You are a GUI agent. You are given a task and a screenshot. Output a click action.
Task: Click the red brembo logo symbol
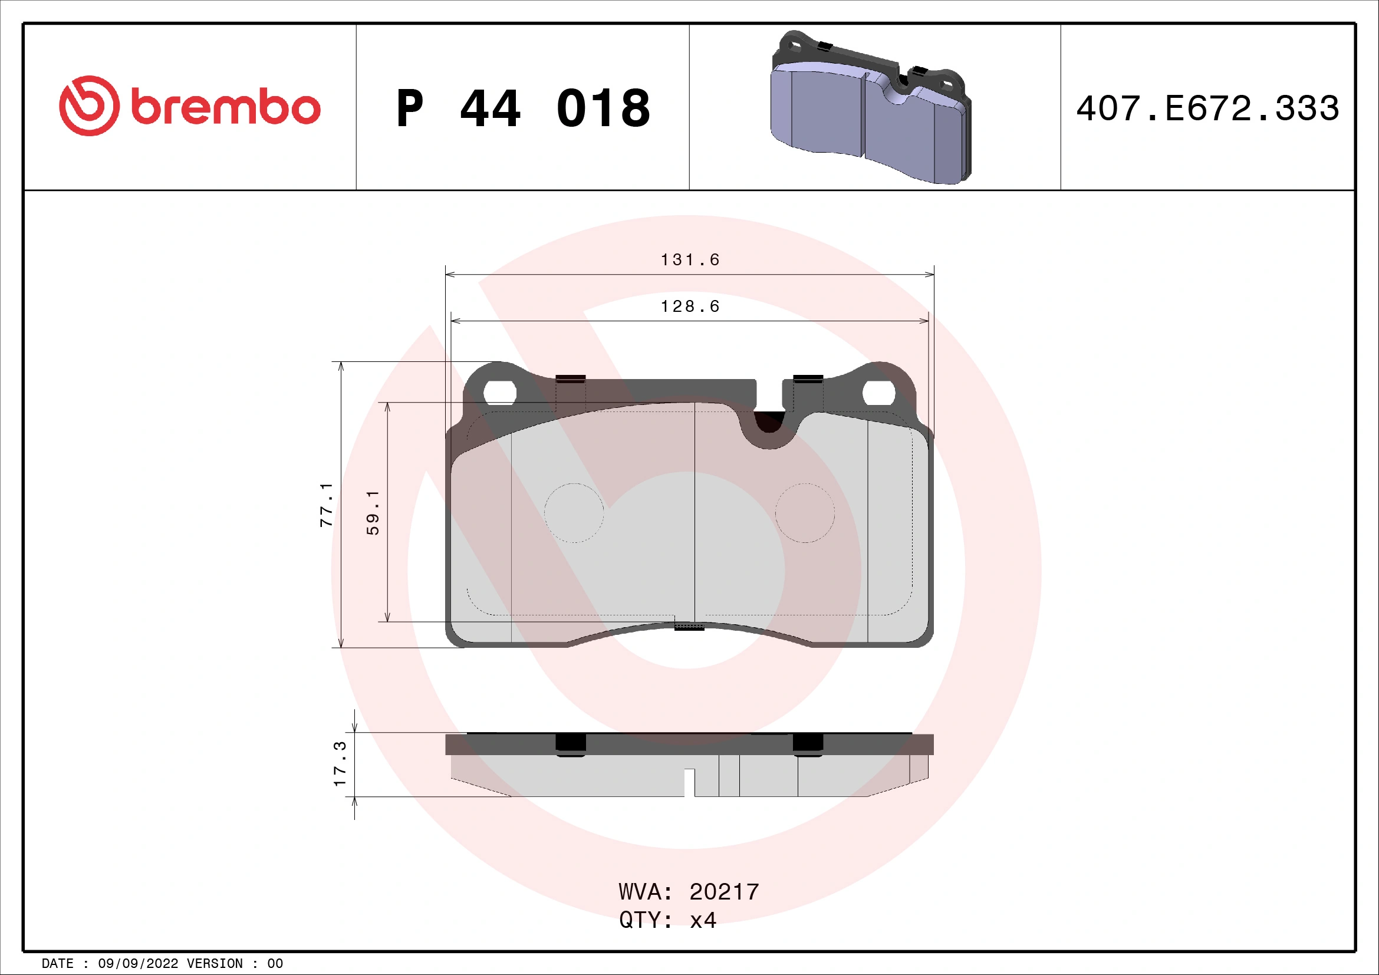(x=89, y=106)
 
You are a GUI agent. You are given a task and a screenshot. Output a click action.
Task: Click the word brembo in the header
(x=225, y=108)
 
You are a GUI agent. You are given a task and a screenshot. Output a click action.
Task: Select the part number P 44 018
(x=522, y=108)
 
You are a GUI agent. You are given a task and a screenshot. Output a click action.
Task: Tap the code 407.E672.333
(x=1207, y=108)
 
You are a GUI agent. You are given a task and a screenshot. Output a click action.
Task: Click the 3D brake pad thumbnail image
(x=870, y=108)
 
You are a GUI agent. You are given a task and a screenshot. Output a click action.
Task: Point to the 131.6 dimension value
(x=690, y=260)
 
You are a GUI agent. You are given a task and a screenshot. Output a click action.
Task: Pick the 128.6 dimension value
(x=690, y=307)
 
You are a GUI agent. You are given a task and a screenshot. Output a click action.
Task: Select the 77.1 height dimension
(x=326, y=505)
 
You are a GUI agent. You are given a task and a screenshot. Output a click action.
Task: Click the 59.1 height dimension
(x=373, y=512)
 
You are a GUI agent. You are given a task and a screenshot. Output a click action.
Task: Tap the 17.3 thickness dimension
(x=340, y=763)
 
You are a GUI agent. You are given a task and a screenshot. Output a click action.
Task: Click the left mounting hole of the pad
(x=500, y=393)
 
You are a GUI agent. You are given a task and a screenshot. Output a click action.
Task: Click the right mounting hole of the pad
(x=878, y=393)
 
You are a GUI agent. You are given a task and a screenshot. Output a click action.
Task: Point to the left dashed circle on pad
(x=574, y=513)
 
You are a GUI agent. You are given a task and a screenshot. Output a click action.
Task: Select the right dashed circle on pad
(x=805, y=513)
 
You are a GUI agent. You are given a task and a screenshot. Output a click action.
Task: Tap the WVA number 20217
(x=724, y=892)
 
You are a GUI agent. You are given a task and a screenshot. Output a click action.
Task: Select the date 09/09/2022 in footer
(x=137, y=964)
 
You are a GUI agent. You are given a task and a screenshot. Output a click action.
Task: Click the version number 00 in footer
(x=275, y=964)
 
